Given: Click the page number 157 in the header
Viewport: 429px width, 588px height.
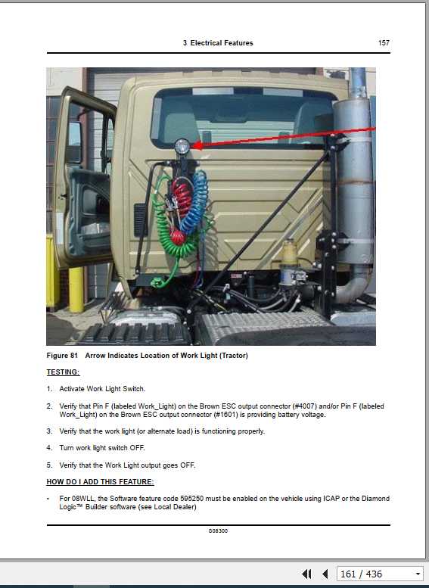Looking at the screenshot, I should [x=384, y=43].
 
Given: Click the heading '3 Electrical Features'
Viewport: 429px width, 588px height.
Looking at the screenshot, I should [x=218, y=43].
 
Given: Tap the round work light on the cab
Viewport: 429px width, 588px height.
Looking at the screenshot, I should [x=182, y=147].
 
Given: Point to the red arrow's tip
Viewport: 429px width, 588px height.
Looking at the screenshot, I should [x=192, y=145].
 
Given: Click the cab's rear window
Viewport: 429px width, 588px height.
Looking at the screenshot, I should [x=242, y=114].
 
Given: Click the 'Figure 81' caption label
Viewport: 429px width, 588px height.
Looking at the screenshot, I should [x=62, y=356].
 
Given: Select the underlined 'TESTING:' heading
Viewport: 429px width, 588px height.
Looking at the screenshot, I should [x=63, y=372].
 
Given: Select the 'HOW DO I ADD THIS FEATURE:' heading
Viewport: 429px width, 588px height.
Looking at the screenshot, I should [x=100, y=482].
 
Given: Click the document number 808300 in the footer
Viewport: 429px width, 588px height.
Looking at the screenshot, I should [x=218, y=531].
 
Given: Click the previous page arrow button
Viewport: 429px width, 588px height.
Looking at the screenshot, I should [x=325, y=574].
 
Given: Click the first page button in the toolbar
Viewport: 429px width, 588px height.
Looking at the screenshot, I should [x=306, y=574].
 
